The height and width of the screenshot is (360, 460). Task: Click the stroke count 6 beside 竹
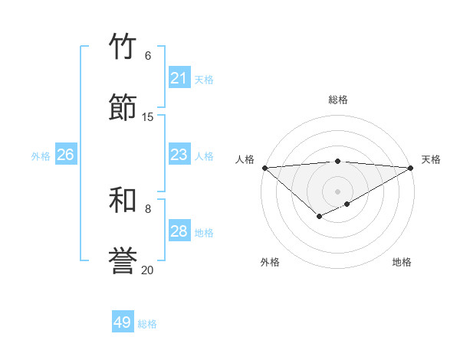(x=148, y=56)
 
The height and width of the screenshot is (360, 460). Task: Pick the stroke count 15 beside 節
(x=148, y=116)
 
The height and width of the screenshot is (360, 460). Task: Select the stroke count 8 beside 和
(x=148, y=208)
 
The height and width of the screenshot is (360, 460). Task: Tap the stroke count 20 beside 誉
(x=148, y=270)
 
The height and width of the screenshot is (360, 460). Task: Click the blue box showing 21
(x=179, y=78)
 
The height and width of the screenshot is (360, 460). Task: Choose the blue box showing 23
(x=179, y=155)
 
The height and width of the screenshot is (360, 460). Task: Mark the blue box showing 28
(x=179, y=231)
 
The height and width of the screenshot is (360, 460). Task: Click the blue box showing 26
(x=65, y=155)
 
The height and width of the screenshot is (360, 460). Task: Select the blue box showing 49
(x=123, y=323)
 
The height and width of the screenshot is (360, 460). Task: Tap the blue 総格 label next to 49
(x=148, y=324)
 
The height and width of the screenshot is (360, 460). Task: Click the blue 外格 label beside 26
(x=41, y=156)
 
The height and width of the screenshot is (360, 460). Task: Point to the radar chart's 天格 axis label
(x=431, y=159)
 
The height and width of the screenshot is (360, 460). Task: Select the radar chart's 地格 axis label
(x=402, y=263)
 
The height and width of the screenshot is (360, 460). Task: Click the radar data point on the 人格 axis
(x=264, y=168)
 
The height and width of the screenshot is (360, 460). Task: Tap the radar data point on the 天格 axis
(x=410, y=168)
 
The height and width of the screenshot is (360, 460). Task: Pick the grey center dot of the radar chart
(x=337, y=191)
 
